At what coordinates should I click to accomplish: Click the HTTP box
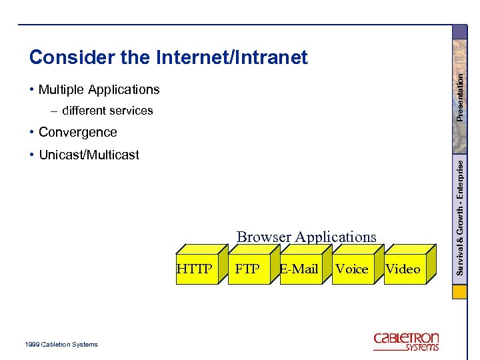click(x=195, y=269)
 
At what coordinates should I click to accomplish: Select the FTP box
click(x=248, y=269)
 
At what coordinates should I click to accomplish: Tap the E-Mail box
click(x=300, y=269)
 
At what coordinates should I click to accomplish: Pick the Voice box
click(x=352, y=269)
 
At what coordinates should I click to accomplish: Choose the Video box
click(x=403, y=269)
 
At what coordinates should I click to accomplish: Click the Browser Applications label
click(x=307, y=237)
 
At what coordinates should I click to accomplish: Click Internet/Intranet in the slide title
click(x=231, y=58)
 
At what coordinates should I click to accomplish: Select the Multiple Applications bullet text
click(x=99, y=89)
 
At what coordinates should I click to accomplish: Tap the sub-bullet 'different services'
click(x=107, y=111)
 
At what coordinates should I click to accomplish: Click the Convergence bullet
click(x=77, y=132)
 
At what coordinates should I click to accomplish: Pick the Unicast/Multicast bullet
click(x=89, y=155)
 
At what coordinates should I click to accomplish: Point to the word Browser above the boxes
click(x=264, y=237)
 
